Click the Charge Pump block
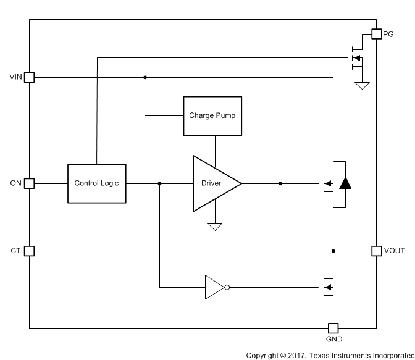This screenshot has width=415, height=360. click(x=212, y=115)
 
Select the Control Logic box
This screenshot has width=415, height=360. click(x=96, y=183)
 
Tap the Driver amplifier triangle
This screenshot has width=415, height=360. click(x=213, y=183)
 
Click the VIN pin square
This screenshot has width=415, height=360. click(x=29, y=77)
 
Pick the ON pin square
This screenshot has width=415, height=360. click(x=29, y=183)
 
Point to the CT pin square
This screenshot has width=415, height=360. click(x=29, y=251)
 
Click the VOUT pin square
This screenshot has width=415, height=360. click(x=376, y=251)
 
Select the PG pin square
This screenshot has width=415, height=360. click(x=376, y=34)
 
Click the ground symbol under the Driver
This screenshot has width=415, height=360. click(x=215, y=227)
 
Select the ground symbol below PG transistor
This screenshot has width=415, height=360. click(x=362, y=85)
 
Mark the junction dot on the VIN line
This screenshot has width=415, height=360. click(x=145, y=77)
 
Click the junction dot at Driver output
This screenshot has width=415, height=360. click(x=280, y=183)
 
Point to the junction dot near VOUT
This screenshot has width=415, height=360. click(x=333, y=251)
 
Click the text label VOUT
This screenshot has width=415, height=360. click(x=395, y=251)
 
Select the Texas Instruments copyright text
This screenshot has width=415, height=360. click(x=330, y=355)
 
